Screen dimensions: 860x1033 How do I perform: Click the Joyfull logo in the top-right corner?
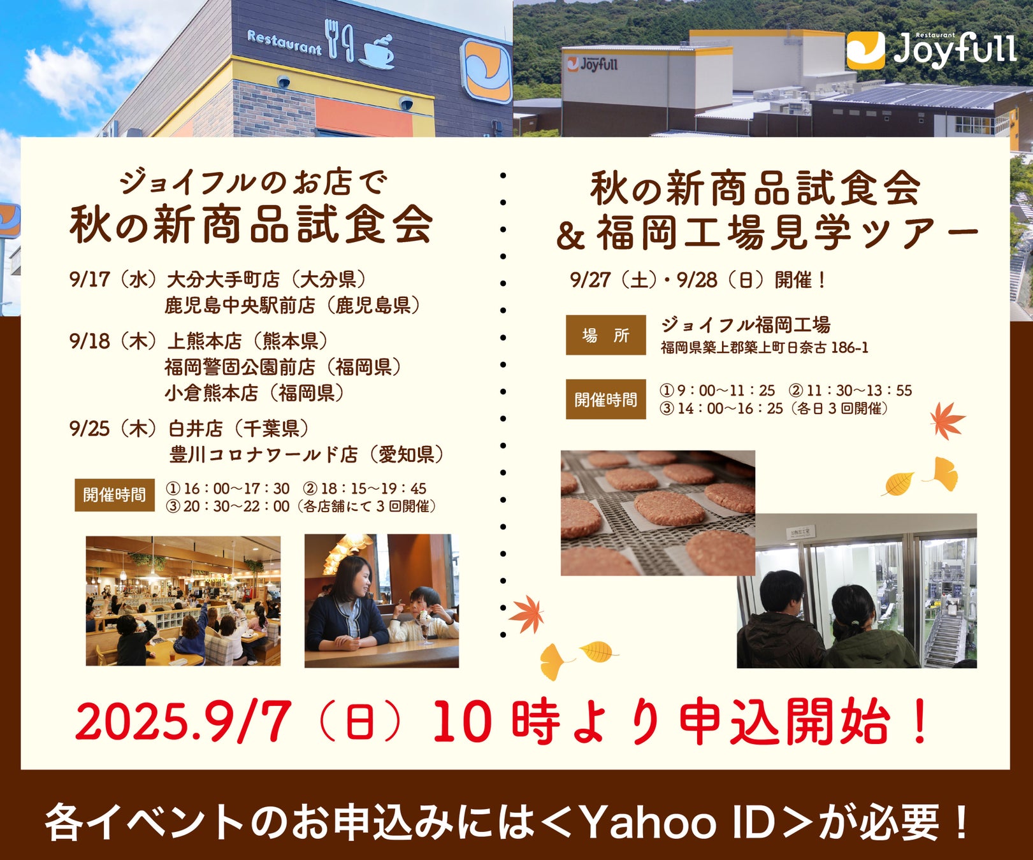(930, 50)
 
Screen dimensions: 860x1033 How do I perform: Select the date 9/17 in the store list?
(90, 279)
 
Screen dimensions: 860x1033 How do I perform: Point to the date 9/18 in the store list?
(90, 341)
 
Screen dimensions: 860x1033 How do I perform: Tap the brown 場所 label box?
(605, 335)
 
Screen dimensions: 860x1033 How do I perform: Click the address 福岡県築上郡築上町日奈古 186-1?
(764, 348)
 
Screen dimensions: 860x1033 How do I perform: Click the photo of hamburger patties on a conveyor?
(657, 512)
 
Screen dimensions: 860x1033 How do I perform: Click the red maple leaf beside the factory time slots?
(947, 420)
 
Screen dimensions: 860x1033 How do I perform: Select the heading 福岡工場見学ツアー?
(786, 234)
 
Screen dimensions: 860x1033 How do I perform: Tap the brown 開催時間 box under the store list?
(115, 495)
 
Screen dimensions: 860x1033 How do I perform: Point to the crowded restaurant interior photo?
(183, 601)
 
